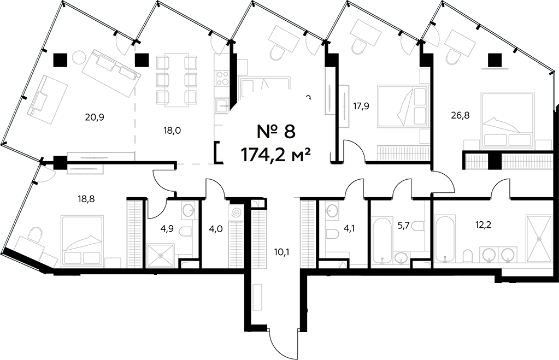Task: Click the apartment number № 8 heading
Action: [276, 131]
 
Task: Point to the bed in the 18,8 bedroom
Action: [82, 240]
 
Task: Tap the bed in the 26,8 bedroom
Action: [507, 120]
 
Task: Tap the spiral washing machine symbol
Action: [237, 211]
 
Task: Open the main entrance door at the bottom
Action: [284, 341]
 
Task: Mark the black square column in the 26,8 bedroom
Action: [495, 59]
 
